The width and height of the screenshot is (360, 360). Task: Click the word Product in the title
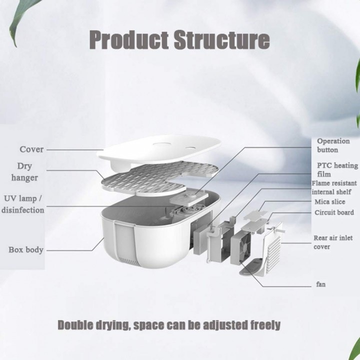pyautogui.click(x=127, y=39)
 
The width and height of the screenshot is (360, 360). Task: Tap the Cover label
pyautogui.click(x=32, y=149)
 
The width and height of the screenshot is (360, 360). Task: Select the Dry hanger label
pyautogui.click(x=28, y=172)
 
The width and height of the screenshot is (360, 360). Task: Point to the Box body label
pyautogui.click(x=26, y=249)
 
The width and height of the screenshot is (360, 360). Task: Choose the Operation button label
pyautogui.click(x=333, y=145)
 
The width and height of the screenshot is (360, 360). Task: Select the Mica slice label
pyautogui.click(x=329, y=202)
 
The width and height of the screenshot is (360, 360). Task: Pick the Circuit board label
pyautogui.click(x=334, y=212)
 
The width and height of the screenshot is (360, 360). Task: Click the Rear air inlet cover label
pyautogui.click(x=334, y=242)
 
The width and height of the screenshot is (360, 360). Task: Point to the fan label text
pyautogui.click(x=320, y=284)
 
